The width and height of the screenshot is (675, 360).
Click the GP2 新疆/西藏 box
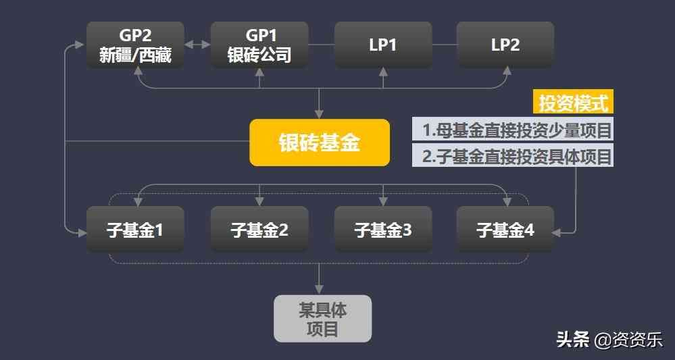(x=135, y=45)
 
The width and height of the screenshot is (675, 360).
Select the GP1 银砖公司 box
(x=259, y=45)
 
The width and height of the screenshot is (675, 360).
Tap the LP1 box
(x=383, y=45)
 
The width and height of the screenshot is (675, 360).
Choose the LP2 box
(x=505, y=45)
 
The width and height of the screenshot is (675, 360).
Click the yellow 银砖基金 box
(x=320, y=143)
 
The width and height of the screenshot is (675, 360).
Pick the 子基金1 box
(x=135, y=230)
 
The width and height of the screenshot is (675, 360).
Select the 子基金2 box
(x=259, y=230)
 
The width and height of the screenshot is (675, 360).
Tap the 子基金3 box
(x=383, y=230)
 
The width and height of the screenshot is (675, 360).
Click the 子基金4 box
(x=505, y=230)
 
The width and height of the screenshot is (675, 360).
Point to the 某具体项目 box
(x=322, y=319)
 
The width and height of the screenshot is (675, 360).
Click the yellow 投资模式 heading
(x=573, y=103)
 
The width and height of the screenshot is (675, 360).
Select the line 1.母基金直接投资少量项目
(x=513, y=129)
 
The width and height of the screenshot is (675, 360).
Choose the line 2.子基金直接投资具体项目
(x=513, y=156)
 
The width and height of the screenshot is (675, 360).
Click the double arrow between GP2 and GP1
(x=197, y=45)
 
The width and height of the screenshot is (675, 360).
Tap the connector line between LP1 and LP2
(x=445, y=45)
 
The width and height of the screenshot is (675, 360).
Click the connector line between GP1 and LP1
(x=322, y=45)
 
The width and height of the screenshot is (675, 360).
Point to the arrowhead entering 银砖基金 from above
(x=320, y=114)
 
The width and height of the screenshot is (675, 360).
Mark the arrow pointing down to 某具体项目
(x=320, y=288)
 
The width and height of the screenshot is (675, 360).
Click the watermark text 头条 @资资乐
(x=609, y=339)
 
